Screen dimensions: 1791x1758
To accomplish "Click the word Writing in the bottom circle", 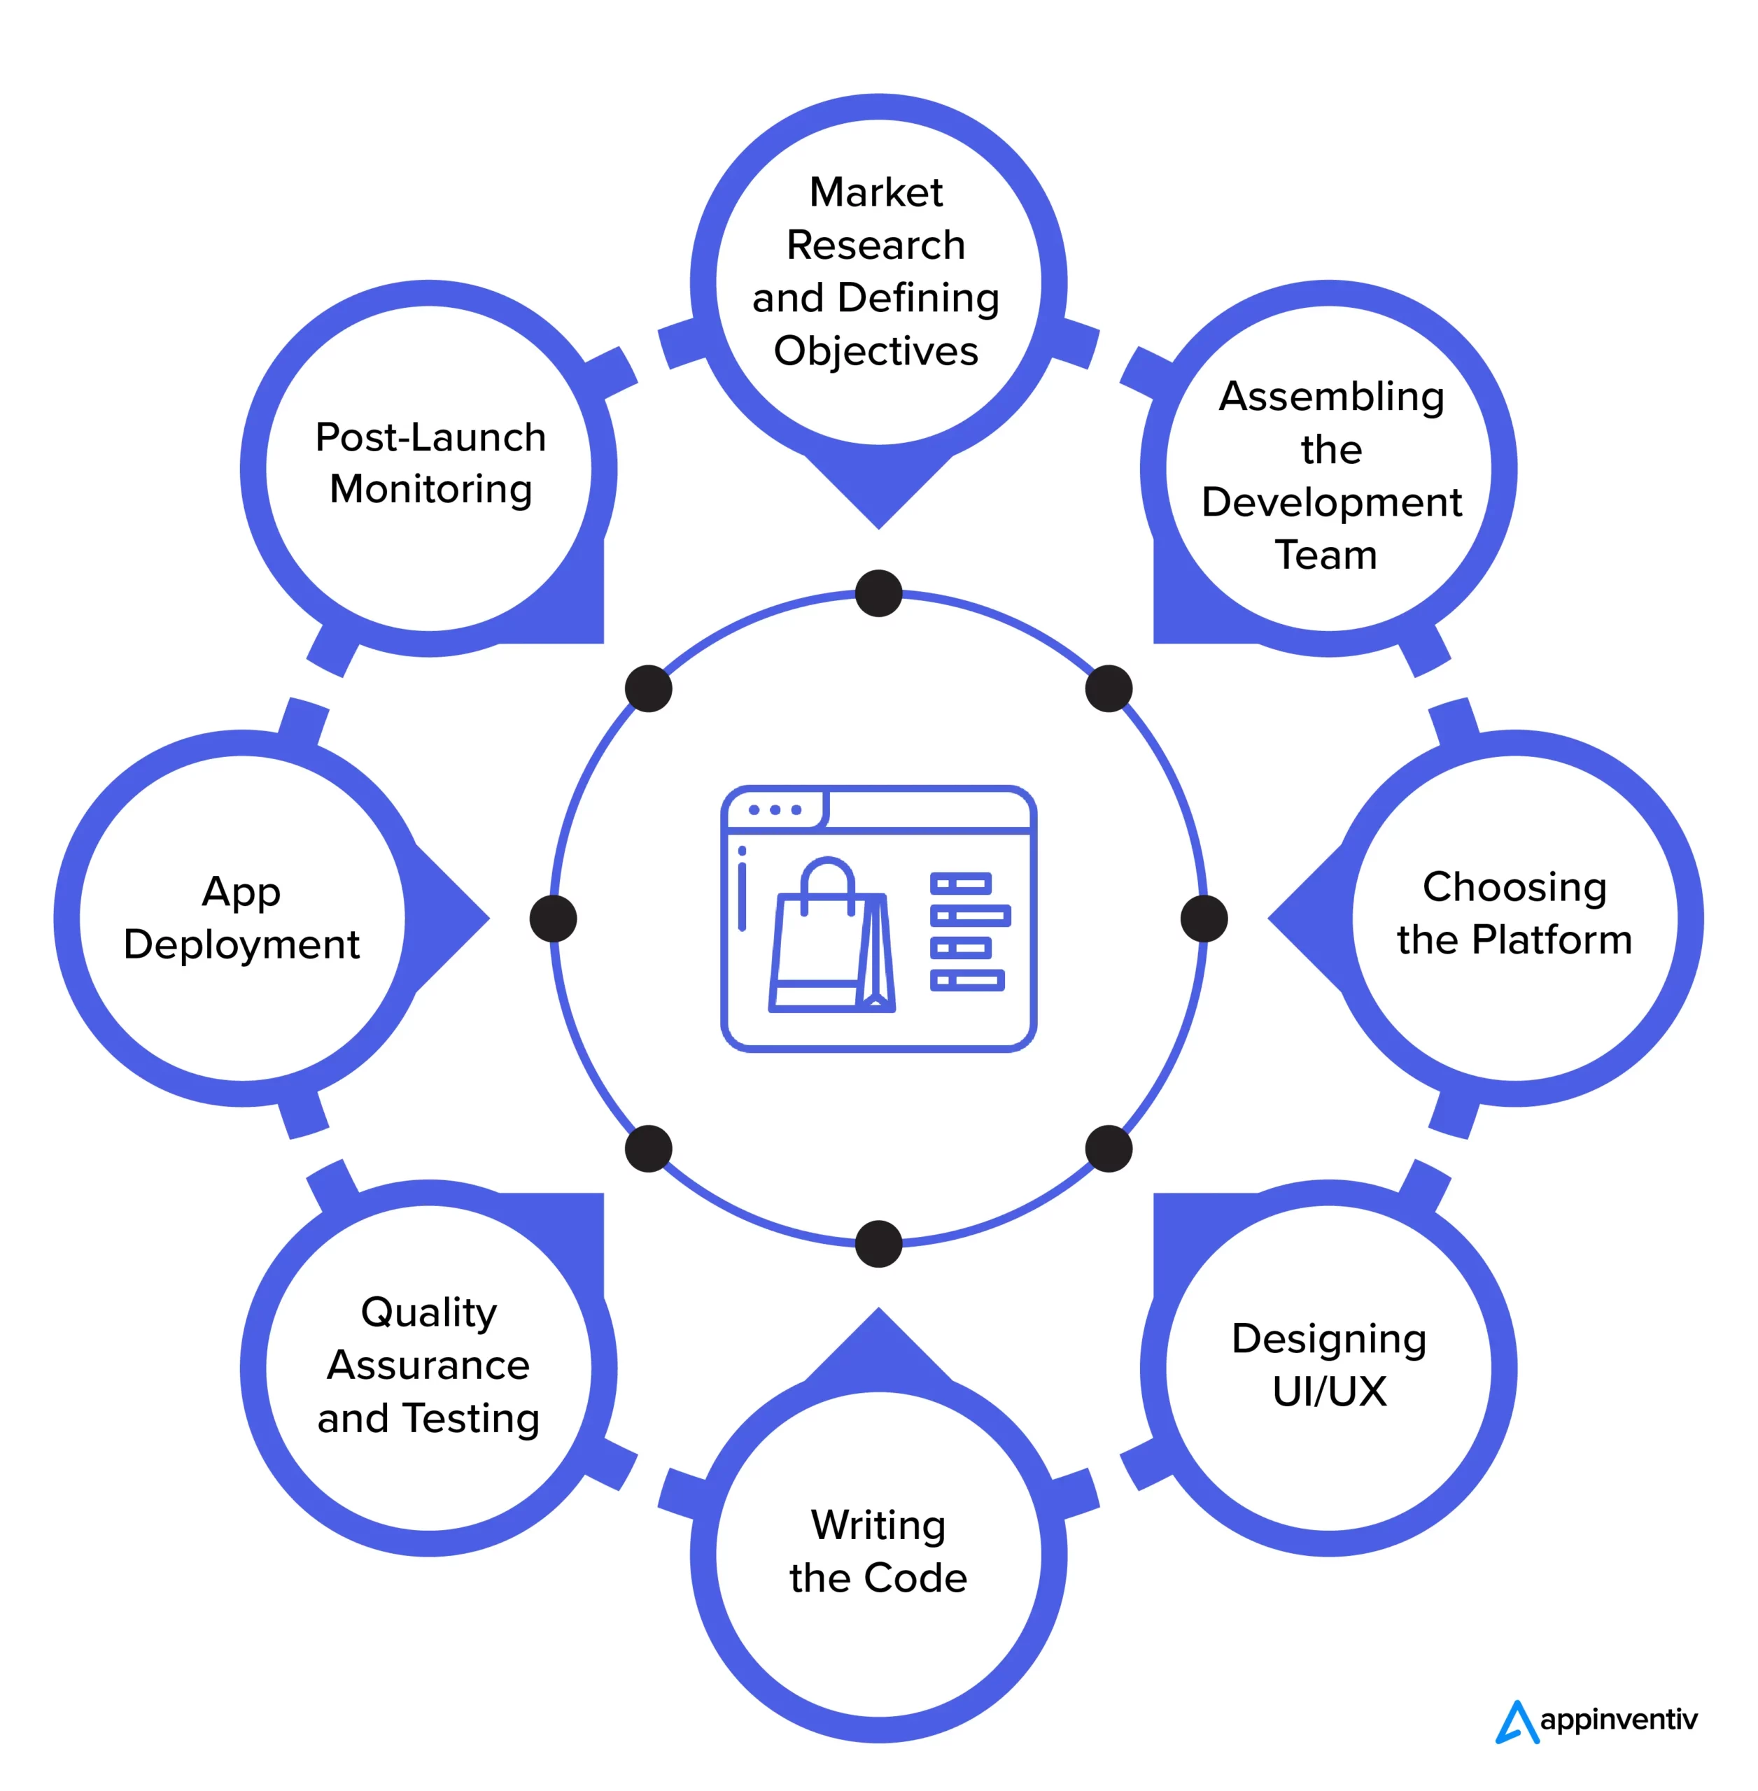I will coord(878,1525).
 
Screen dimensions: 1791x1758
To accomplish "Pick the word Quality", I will coord(428,1312).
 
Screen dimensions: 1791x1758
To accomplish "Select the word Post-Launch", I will coord(430,437).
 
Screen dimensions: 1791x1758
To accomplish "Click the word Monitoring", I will coord(430,489).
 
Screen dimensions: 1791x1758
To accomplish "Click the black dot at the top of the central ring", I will coord(878,593).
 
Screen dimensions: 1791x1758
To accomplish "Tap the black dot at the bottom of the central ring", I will coord(878,1243).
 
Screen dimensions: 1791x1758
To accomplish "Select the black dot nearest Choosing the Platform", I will coord(1203,919).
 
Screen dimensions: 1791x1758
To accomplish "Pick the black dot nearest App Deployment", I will coord(553,919).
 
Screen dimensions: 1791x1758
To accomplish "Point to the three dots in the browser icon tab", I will coord(775,809).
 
